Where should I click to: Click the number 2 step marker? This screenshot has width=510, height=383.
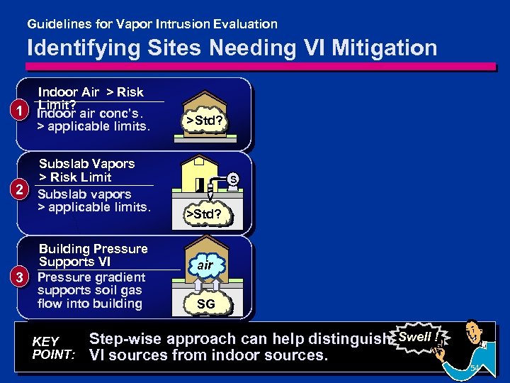point(23,189)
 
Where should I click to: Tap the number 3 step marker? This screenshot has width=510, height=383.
point(23,275)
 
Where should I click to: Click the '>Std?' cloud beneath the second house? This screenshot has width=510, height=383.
point(203,213)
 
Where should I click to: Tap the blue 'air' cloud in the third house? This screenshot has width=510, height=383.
point(205,265)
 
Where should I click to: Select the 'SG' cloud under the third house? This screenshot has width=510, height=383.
point(205,304)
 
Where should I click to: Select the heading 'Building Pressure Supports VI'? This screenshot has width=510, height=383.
point(93,255)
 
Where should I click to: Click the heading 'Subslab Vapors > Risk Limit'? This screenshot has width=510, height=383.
point(86,170)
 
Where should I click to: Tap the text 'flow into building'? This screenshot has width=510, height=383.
point(90,304)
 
